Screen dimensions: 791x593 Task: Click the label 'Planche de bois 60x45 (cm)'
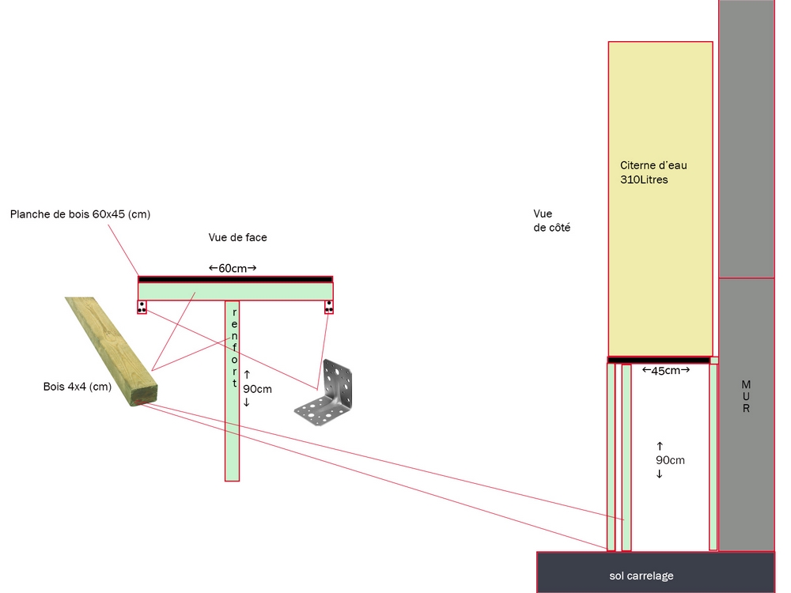[80, 214]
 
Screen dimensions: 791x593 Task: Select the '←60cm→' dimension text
[233, 268]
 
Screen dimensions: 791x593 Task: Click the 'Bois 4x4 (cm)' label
[77, 387]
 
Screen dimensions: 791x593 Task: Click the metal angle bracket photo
[327, 393]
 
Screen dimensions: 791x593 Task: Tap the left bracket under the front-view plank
[142, 307]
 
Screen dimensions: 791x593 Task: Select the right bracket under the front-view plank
[329, 307]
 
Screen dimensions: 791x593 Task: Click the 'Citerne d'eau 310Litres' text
[654, 172]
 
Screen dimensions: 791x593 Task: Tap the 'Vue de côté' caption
[552, 221]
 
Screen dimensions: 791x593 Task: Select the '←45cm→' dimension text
[665, 370]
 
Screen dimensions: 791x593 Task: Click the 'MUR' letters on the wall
[746, 396]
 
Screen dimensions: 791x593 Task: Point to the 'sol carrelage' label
[642, 576]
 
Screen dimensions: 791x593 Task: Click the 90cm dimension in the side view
[670, 459]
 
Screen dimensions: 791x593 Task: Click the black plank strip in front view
[235, 279]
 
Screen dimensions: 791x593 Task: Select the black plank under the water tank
[659, 361]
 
